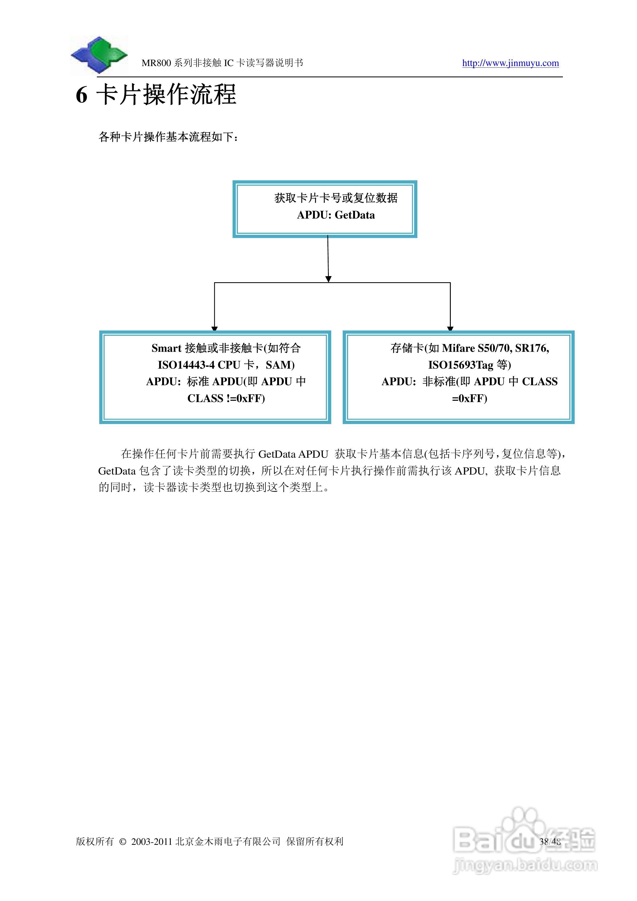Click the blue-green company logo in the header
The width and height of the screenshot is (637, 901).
pos(99,55)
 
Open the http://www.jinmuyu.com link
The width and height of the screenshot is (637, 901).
pos(510,63)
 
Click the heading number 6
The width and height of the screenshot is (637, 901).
pos(81,95)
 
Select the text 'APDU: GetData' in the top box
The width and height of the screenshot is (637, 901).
pos(335,215)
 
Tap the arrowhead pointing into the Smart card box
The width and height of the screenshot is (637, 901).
pos(214,329)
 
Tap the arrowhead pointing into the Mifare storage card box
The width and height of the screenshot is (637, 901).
pos(450,329)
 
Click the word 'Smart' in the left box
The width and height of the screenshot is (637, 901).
pos(166,348)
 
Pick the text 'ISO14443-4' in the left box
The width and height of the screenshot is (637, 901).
pos(186,365)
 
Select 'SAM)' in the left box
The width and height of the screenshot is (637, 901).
pos(280,365)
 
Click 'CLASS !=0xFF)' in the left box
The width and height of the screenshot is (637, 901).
pos(226,398)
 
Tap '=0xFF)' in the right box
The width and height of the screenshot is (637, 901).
pos(470,398)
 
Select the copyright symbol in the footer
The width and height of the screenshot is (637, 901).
pos(123,842)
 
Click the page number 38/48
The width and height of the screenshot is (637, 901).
pos(550,841)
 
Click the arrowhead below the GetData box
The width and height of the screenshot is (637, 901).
pos(329,279)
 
